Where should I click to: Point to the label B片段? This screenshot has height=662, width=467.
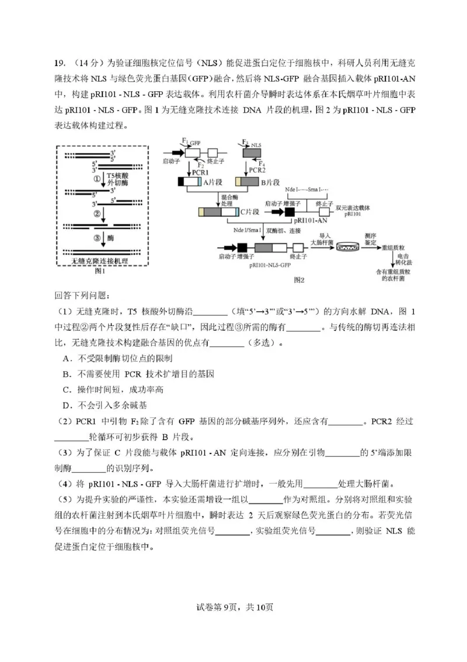pos(271,182)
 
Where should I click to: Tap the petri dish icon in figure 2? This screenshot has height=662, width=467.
pos(347,248)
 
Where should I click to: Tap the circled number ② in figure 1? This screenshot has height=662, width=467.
pos(97,213)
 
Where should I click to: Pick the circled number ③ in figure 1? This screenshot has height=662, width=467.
pos(97,238)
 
